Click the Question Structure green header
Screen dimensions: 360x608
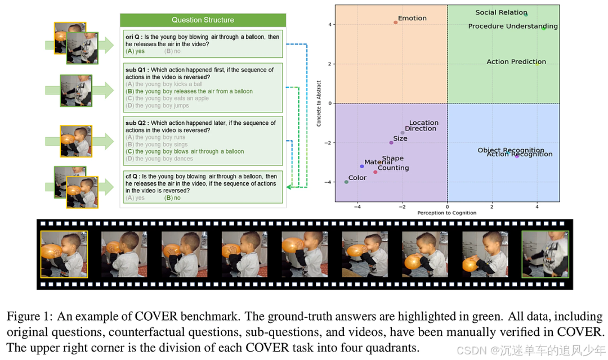coord(203,20)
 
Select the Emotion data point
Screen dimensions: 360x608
coord(396,22)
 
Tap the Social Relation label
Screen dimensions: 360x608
coord(501,12)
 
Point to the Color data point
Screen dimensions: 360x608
coord(346,182)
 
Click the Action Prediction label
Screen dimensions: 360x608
coord(516,62)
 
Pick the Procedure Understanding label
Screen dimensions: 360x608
coord(512,26)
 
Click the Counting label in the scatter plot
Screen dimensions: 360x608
coord(393,168)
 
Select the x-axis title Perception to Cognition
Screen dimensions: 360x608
coord(446,213)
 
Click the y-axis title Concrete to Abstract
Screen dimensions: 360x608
coord(319,103)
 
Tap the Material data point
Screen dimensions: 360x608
coord(362,166)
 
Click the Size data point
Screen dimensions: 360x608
coord(391,142)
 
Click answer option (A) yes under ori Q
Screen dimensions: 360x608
coord(135,51)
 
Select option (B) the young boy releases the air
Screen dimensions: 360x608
coord(189,91)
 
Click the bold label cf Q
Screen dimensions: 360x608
coord(132,177)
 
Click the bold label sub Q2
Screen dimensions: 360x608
coord(137,123)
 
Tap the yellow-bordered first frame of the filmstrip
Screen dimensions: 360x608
coord(64,254)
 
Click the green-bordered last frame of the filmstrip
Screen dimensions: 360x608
coord(545,254)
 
